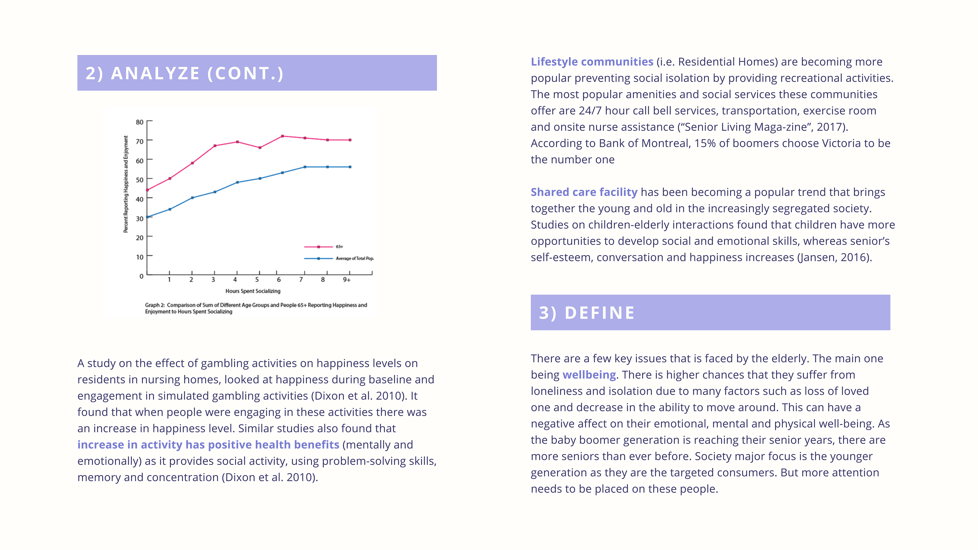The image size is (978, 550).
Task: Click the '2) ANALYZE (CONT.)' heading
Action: (184, 73)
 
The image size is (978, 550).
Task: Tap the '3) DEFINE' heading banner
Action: (710, 312)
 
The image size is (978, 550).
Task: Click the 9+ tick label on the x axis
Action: (347, 280)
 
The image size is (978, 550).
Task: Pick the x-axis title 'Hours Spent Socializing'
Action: (253, 291)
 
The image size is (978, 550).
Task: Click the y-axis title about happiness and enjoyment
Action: (126, 184)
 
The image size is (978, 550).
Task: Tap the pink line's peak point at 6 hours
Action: (282, 136)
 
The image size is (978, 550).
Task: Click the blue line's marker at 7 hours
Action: (305, 167)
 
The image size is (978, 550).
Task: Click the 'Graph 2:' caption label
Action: (155, 305)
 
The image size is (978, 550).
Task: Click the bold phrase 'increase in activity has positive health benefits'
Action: (208, 445)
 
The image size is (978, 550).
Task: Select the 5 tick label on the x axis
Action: (257, 280)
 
